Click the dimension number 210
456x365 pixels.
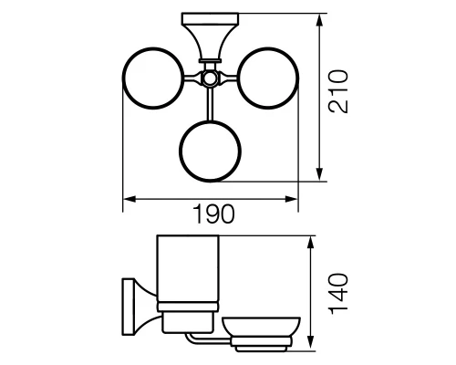[x=337, y=91]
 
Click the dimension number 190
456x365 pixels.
[x=214, y=214]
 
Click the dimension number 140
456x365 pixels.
[x=338, y=294]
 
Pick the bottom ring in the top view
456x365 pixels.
[x=210, y=121]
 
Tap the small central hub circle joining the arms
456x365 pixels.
[x=210, y=78]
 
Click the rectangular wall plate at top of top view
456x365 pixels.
[x=210, y=18]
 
